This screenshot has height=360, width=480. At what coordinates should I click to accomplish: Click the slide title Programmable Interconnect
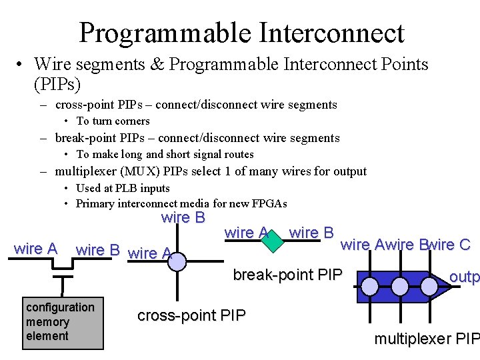pos(241,32)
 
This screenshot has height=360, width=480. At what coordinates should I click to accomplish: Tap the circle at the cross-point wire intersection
pos(177,262)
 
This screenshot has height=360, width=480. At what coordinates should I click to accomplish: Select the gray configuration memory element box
pos(63,323)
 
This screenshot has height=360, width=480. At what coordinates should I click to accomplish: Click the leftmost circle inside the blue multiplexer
pos(369,287)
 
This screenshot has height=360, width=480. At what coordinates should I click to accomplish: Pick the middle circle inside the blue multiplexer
pos(399,287)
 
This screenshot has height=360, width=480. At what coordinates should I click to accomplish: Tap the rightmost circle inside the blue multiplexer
pos(429,287)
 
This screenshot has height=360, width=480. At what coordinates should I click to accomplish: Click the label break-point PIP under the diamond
pos(287,275)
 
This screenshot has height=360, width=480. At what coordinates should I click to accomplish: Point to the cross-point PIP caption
pos(191,315)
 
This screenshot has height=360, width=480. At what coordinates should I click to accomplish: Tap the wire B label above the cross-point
pos(183,218)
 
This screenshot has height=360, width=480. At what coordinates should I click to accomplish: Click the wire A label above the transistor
pos(35,249)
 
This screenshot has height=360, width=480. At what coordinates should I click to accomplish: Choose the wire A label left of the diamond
pos(247,233)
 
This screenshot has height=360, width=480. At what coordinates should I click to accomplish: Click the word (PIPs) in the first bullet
pos(57,84)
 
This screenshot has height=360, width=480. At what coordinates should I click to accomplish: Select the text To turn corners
pos(113,121)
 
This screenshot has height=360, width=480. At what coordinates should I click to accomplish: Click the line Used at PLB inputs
pos(123,189)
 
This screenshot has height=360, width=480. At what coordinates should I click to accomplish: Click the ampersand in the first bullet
pos(157,64)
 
